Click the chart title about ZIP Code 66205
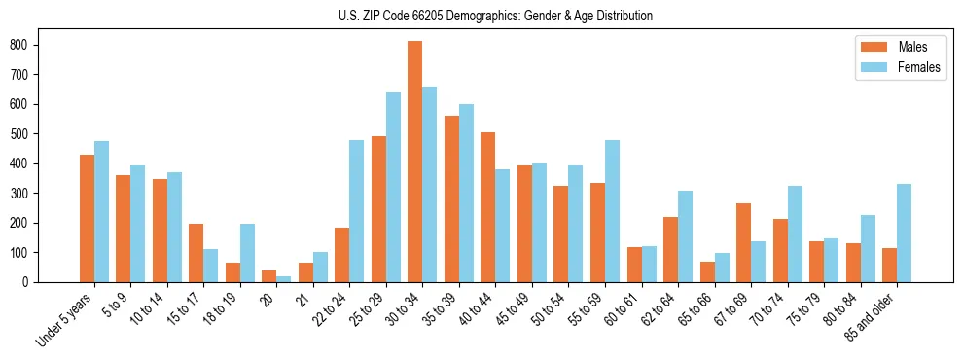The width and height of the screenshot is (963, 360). tap(481, 16)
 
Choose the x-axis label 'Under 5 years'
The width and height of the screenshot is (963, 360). tap(64, 318)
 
